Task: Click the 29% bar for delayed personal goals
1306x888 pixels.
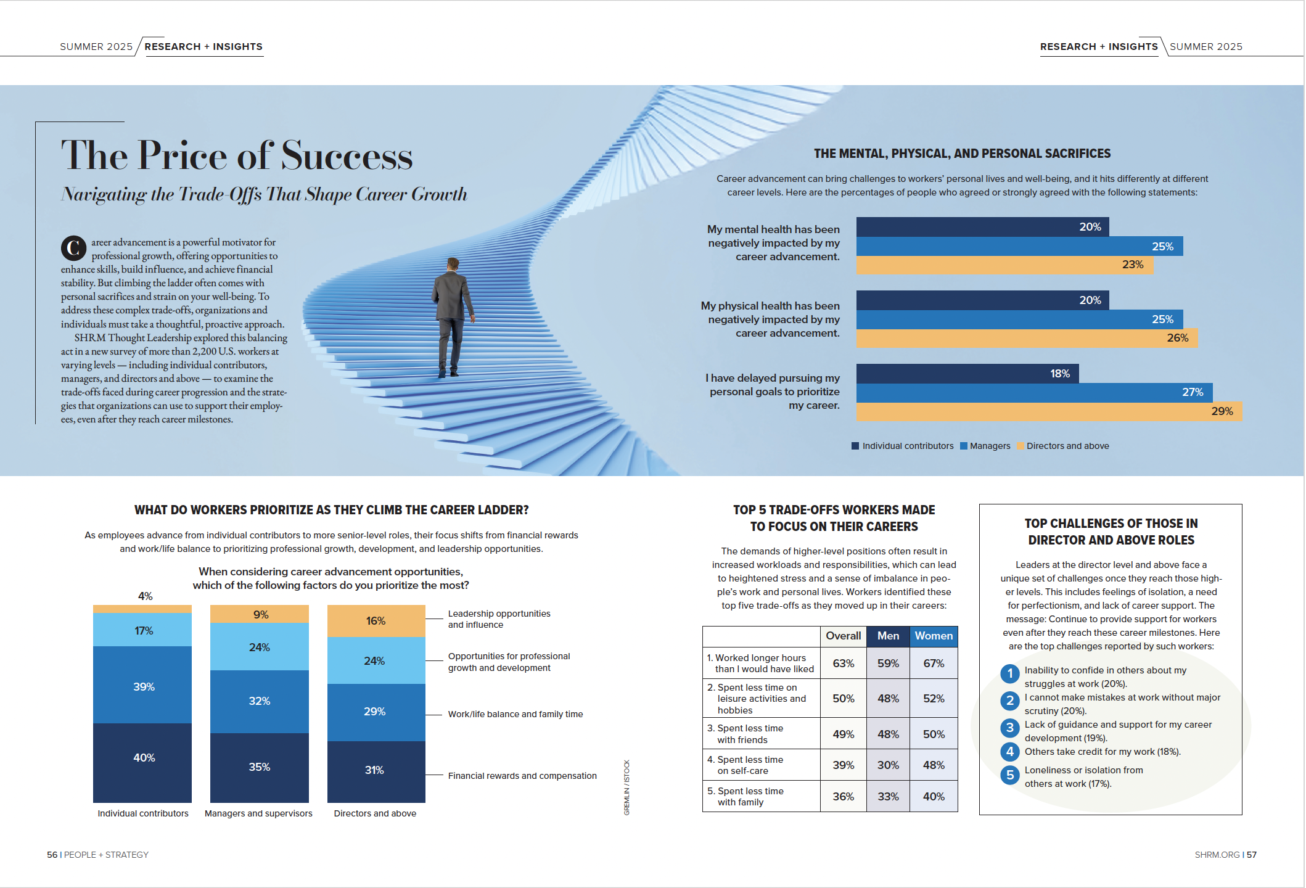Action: pos(1048,412)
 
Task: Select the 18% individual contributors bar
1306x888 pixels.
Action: pos(967,374)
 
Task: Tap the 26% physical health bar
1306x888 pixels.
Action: pos(1027,338)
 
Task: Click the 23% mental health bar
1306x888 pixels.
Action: pos(1004,265)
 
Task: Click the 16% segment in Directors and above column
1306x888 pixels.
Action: pos(376,621)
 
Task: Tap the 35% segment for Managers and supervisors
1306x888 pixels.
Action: pos(259,767)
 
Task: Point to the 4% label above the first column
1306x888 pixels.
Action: pos(145,596)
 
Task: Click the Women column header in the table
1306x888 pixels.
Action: pos(933,636)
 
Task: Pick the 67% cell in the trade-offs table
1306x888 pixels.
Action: pos(933,664)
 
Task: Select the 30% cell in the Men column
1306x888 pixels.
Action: pos(888,765)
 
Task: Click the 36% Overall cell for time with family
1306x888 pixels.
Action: pos(843,797)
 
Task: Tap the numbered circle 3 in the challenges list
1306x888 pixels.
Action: pos(1009,728)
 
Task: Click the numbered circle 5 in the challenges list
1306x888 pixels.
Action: pos(1009,775)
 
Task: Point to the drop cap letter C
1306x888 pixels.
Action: pos(73,248)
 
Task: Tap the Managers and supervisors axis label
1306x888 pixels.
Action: pos(258,813)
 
